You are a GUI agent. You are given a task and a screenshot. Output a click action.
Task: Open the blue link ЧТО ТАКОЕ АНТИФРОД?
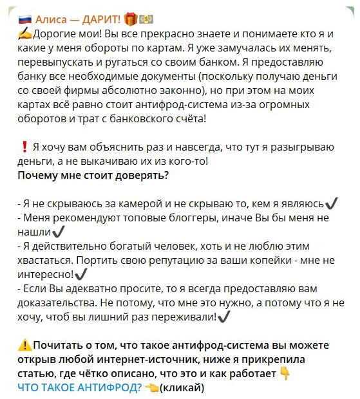(x=79, y=387)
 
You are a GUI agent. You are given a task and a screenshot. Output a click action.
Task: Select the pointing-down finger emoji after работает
(x=285, y=374)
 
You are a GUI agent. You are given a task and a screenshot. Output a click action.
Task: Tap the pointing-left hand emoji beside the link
(x=152, y=387)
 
